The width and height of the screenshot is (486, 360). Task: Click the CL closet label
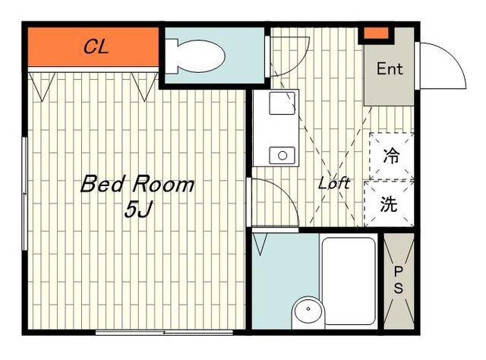[96, 47]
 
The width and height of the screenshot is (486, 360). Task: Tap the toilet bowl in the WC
[200, 56]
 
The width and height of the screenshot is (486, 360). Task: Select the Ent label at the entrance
[390, 68]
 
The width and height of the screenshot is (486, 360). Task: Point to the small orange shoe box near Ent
[376, 33]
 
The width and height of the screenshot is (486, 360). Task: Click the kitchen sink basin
[282, 103]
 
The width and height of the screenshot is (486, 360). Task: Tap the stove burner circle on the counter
[282, 156]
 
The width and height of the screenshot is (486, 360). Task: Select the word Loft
[334, 183]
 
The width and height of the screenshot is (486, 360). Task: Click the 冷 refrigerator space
[392, 156]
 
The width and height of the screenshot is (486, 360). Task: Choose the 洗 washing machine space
[389, 204]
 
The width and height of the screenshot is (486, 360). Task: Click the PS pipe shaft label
[399, 280]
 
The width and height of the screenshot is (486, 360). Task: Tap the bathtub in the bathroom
[349, 281]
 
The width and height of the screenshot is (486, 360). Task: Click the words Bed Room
[137, 184]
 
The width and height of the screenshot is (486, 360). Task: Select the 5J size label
[138, 210]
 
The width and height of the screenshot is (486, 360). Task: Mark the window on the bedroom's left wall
[25, 194]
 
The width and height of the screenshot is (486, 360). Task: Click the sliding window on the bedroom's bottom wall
[164, 333]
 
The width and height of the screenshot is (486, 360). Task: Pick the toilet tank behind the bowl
[172, 56]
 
